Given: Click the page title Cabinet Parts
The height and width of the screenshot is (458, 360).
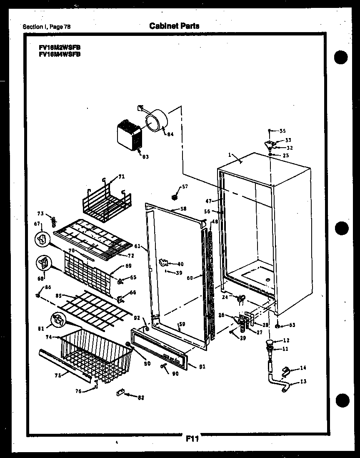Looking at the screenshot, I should [174, 26].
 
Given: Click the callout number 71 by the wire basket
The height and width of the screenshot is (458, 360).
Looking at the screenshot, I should [121, 177].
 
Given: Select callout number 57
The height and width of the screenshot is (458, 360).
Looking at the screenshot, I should [185, 186].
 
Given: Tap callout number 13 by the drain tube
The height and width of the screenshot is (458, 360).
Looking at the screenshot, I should [303, 381].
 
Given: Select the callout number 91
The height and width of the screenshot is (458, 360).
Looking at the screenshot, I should [202, 367].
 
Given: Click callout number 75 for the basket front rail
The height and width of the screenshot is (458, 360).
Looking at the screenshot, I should [57, 375].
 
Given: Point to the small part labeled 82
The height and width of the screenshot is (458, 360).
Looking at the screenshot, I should [120, 392].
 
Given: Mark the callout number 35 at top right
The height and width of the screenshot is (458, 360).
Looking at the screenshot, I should [283, 131].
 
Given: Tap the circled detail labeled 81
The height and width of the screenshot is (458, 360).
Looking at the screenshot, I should [58, 322].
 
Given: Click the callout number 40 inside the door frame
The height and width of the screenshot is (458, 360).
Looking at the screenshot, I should [180, 264].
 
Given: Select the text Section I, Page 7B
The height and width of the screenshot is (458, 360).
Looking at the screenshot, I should [46, 27].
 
